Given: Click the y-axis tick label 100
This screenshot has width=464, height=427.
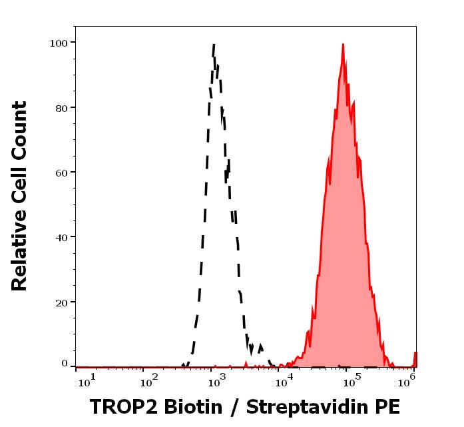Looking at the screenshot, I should [x=59, y=43].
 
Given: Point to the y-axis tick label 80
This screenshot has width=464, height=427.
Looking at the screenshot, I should [x=61, y=108].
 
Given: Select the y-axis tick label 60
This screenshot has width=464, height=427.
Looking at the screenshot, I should [x=61, y=173].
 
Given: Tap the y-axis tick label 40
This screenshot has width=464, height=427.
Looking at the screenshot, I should [x=61, y=237].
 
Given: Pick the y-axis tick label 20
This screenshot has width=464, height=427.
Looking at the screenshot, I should [x=61, y=302].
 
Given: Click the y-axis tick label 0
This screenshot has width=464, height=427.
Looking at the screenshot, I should [x=65, y=364].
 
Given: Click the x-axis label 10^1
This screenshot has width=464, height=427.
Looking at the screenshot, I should [x=87, y=379].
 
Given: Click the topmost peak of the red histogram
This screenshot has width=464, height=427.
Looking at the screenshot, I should [x=343, y=45].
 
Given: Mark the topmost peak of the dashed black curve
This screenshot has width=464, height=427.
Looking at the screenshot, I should [x=214, y=45].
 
